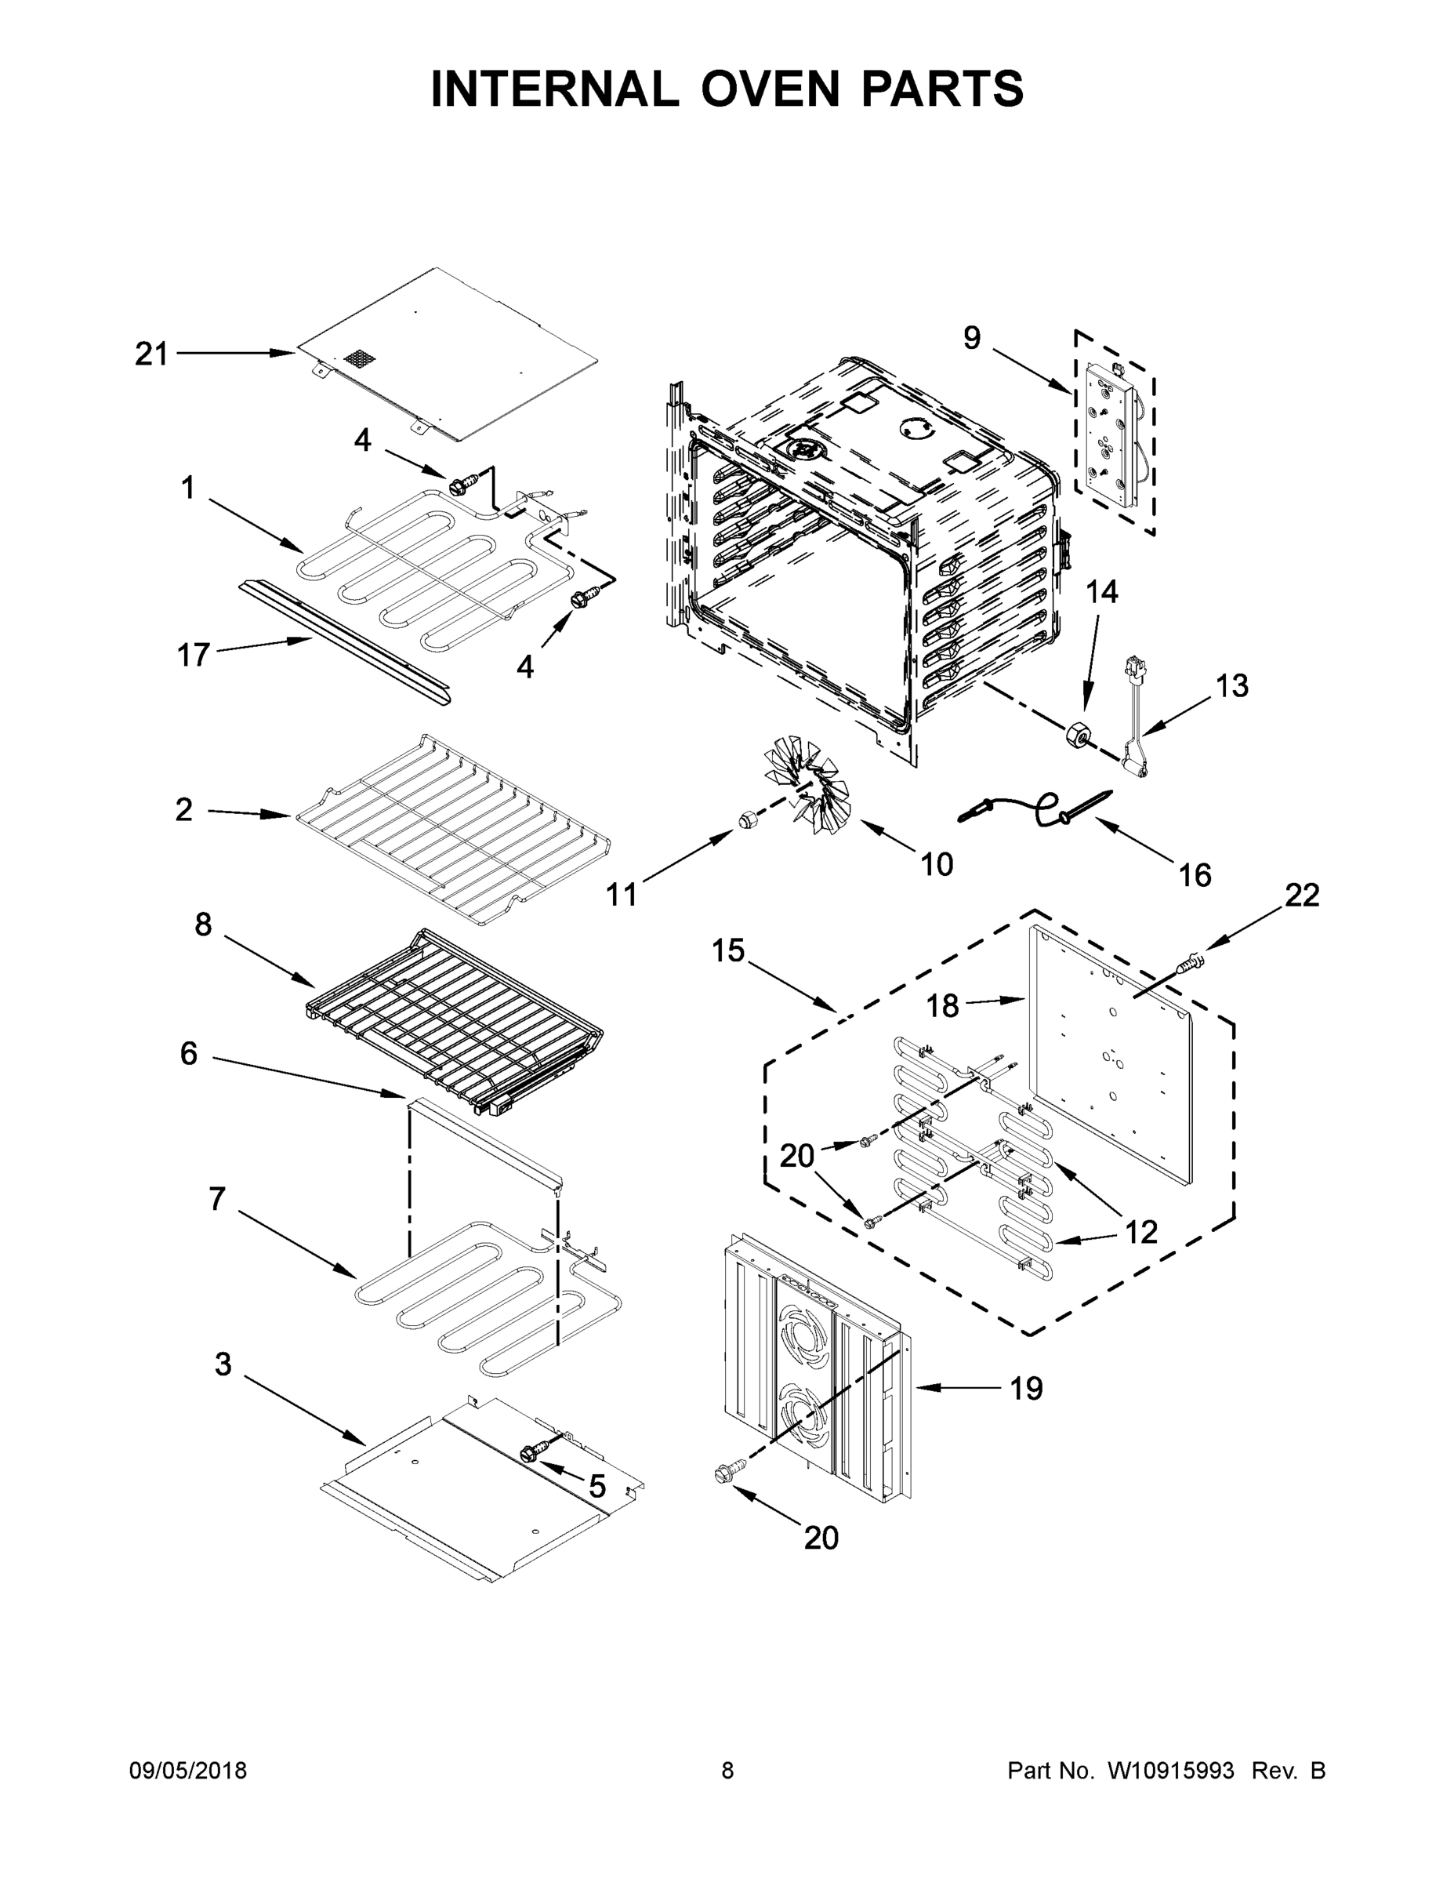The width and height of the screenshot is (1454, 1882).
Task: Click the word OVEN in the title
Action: (x=770, y=89)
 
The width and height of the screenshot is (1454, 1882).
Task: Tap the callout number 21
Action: (x=151, y=354)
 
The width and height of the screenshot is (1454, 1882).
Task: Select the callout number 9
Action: (x=972, y=338)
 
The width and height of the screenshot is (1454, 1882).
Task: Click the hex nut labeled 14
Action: (x=1078, y=734)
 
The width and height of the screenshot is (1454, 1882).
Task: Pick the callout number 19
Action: (x=1026, y=1388)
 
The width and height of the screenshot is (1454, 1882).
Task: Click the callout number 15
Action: (x=728, y=951)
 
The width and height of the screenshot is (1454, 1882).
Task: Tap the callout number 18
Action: (x=943, y=1005)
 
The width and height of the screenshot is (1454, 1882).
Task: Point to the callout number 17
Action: (x=193, y=656)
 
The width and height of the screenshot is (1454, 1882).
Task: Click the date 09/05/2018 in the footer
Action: (x=188, y=1771)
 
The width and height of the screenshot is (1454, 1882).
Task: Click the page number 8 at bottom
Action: (x=727, y=1771)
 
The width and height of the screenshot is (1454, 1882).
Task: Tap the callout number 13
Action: (x=1231, y=686)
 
